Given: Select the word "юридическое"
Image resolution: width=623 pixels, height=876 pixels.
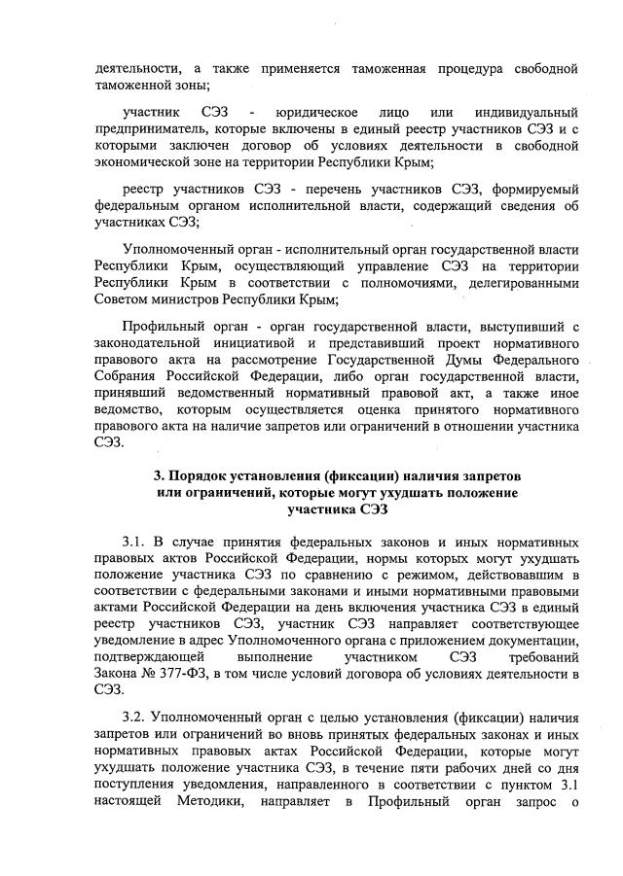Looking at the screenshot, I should pos(309,113).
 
